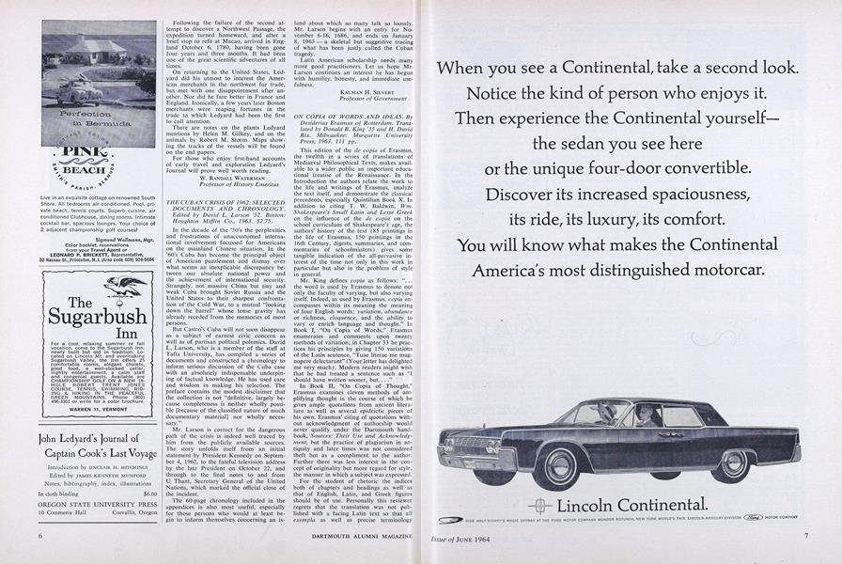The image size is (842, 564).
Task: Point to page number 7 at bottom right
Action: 805,536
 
